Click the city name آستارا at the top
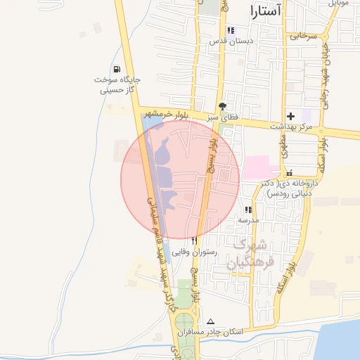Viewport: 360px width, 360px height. pyautogui.click(x=266, y=11)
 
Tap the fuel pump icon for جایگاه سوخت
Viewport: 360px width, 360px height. pyautogui.click(x=115, y=69)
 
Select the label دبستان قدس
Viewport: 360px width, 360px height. pyautogui.click(x=231, y=41)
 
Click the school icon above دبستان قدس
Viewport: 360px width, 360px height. pyautogui.click(x=231, y=30)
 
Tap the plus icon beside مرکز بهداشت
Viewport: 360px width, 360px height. pyautogui.click(x=290, y=115)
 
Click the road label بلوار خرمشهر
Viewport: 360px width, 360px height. pyautogui.click(x=168, y=114)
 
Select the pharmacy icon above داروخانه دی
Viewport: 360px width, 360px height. pyautogui.click(x=290, y=172)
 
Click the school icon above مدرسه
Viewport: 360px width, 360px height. pyautogui.click(x=247, y=210)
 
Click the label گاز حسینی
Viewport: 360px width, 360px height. pyautogui.click(x=117, y=90)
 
